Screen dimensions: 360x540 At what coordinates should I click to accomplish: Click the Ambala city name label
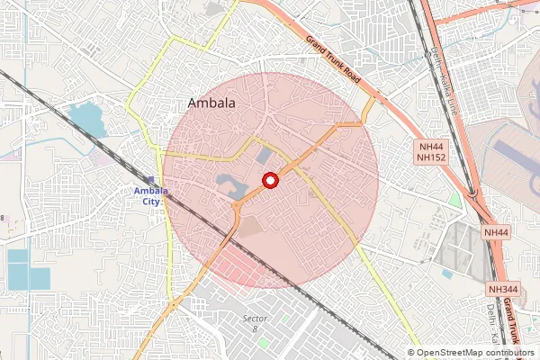211,103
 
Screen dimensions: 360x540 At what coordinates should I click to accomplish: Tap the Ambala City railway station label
148,195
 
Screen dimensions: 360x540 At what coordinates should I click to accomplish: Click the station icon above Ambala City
150,180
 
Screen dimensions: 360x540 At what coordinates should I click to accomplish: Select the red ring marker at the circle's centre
268,181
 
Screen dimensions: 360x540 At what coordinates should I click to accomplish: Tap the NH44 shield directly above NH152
430,146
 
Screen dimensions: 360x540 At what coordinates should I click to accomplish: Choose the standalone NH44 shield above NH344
496,232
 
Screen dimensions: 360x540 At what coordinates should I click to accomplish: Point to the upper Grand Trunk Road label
333,61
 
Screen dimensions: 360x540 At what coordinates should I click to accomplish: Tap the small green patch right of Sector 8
286,319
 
